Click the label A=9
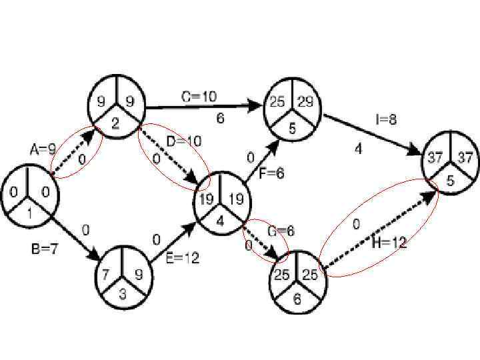43,150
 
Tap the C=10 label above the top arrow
199,97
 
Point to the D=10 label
183,141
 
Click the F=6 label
271,173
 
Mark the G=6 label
281,231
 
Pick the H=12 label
389,243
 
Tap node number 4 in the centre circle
221,217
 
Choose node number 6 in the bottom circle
297,299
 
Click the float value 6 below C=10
219,119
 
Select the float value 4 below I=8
358,149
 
